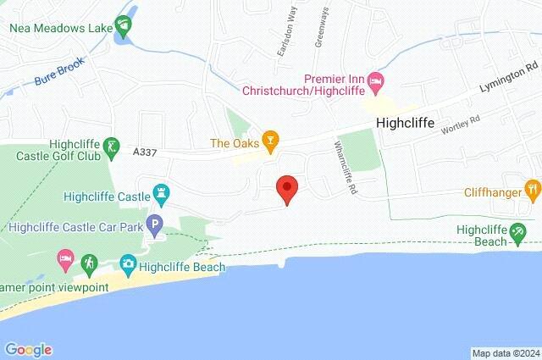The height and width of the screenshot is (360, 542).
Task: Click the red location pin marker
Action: coord(287,189)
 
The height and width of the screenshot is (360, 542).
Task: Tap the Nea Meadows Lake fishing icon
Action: coord(126,28)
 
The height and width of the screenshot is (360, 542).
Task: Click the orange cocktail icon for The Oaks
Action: coord(270,142)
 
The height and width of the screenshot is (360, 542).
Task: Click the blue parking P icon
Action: coord(154,226)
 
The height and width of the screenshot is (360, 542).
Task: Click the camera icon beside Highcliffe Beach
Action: coord(128,266)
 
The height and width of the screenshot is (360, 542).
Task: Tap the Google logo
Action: coord(28,349)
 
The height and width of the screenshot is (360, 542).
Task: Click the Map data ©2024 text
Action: coord(506,353)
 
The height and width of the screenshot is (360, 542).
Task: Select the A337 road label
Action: coord(147,151)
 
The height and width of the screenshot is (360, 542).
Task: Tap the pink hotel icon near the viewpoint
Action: coord(64,257)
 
